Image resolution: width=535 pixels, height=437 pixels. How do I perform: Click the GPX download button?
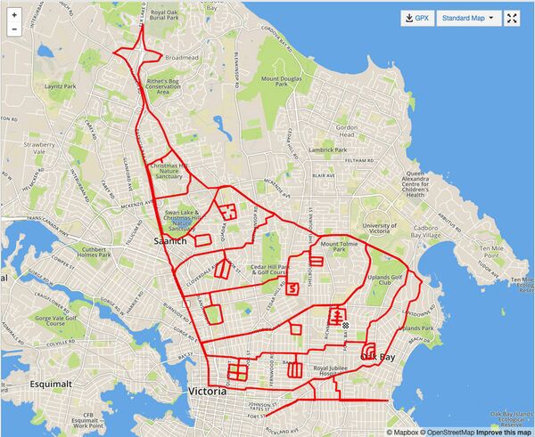click(415, 18)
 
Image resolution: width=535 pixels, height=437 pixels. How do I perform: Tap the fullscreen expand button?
click(513, 18)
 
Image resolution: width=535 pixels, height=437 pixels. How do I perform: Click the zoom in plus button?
click(14, 15)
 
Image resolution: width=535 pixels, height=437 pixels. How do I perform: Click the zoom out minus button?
click(14, 29)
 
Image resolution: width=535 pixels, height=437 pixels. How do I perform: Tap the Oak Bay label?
click(376, 355)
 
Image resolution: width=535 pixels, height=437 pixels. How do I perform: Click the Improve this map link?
click(506, 431)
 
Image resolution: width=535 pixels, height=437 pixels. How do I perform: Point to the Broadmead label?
click(181, 57)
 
